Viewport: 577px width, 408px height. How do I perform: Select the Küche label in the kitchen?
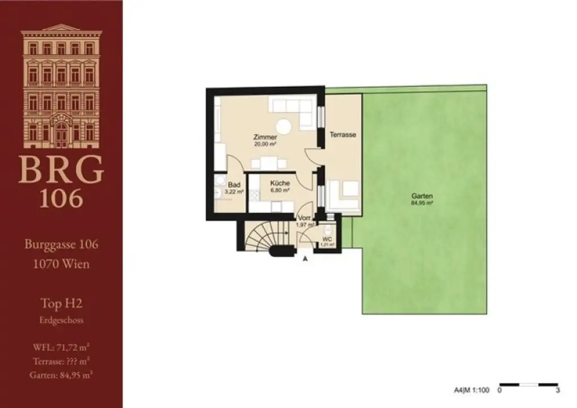point(279,184)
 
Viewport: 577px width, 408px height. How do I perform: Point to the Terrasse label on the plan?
point(343,135)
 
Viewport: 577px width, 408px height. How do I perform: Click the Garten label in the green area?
point(425,196)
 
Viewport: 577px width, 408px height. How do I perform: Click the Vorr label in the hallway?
point(304,219)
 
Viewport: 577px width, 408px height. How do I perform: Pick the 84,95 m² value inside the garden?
point(425,202)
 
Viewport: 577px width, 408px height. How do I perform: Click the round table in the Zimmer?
point(283,126)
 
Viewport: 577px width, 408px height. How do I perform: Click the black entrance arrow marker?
point(305,259)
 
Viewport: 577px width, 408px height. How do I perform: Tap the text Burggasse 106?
point(61,245)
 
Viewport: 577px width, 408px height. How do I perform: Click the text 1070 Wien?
point(61,263)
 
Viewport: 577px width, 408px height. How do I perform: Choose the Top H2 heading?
point(61,304)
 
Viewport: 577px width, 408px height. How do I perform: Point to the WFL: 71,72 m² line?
point(61,345)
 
